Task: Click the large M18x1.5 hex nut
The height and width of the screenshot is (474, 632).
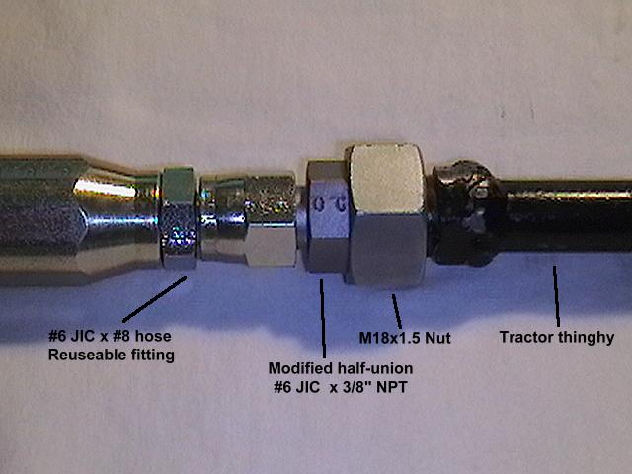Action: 388,215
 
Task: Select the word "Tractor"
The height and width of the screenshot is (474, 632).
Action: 525,337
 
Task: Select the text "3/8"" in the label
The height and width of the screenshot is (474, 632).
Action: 355,387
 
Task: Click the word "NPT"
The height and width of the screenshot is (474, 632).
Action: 391,387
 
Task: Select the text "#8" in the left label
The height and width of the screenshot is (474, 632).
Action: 121,336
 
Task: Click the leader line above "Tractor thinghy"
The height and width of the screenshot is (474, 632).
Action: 556,296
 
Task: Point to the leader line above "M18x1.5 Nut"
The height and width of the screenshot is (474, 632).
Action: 397,311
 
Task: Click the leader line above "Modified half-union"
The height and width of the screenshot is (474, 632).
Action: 323,318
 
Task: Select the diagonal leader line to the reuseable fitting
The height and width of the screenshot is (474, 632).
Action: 154,299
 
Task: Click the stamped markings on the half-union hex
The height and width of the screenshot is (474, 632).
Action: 331,205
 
